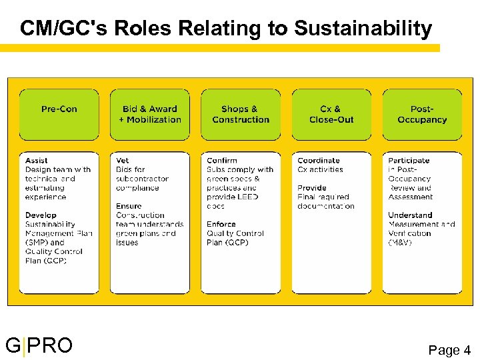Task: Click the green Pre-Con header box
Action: click(x=59, y=114)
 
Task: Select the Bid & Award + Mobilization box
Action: click(x=150, y=114)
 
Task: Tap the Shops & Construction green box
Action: click(x=241, y=114)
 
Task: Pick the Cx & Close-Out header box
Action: click(x=331, y=114)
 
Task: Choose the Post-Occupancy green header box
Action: click(x=422, y=114)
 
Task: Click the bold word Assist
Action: click(x=37, y=161)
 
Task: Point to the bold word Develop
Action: click(x=41, y=215)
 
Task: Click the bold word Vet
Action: click(x=123, y=161)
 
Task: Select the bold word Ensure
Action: click(x=129, y=207)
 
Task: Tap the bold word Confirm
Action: click(x=222, y=161)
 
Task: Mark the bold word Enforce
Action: click(x=221, y=225)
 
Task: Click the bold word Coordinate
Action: click(x=319, y=161)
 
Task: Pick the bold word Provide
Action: click(x=312, y=188)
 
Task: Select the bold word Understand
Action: click(x=410, y=215)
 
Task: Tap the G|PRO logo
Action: click(x=39, y=346)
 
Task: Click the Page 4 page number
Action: click(x=449, y=349)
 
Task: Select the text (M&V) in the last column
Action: click(x=401, y=243)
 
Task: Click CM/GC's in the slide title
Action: click(x=64, y=29)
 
